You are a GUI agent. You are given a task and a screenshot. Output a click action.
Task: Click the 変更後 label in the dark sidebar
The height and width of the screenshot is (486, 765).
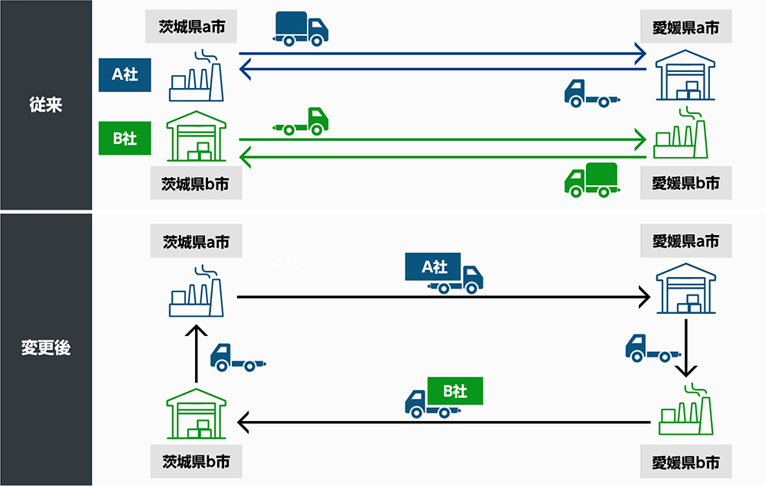coord(45,347)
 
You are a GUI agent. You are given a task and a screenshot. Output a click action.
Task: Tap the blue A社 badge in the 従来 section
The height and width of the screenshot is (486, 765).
coord(125,75)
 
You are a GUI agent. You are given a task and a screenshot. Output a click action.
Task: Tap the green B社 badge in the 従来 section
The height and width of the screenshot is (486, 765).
coord(125,139)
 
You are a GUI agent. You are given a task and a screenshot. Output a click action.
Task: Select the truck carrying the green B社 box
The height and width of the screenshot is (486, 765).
coord(444,398)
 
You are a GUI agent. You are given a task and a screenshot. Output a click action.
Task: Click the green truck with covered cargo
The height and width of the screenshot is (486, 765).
coord(591,180)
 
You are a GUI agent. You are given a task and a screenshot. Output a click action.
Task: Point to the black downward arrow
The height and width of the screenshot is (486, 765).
coord(686,348)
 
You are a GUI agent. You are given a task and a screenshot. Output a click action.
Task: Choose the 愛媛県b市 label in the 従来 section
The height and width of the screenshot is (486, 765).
coord(685,184)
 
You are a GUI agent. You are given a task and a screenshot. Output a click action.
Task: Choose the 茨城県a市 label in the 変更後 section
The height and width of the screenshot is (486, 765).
coord(196,242)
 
